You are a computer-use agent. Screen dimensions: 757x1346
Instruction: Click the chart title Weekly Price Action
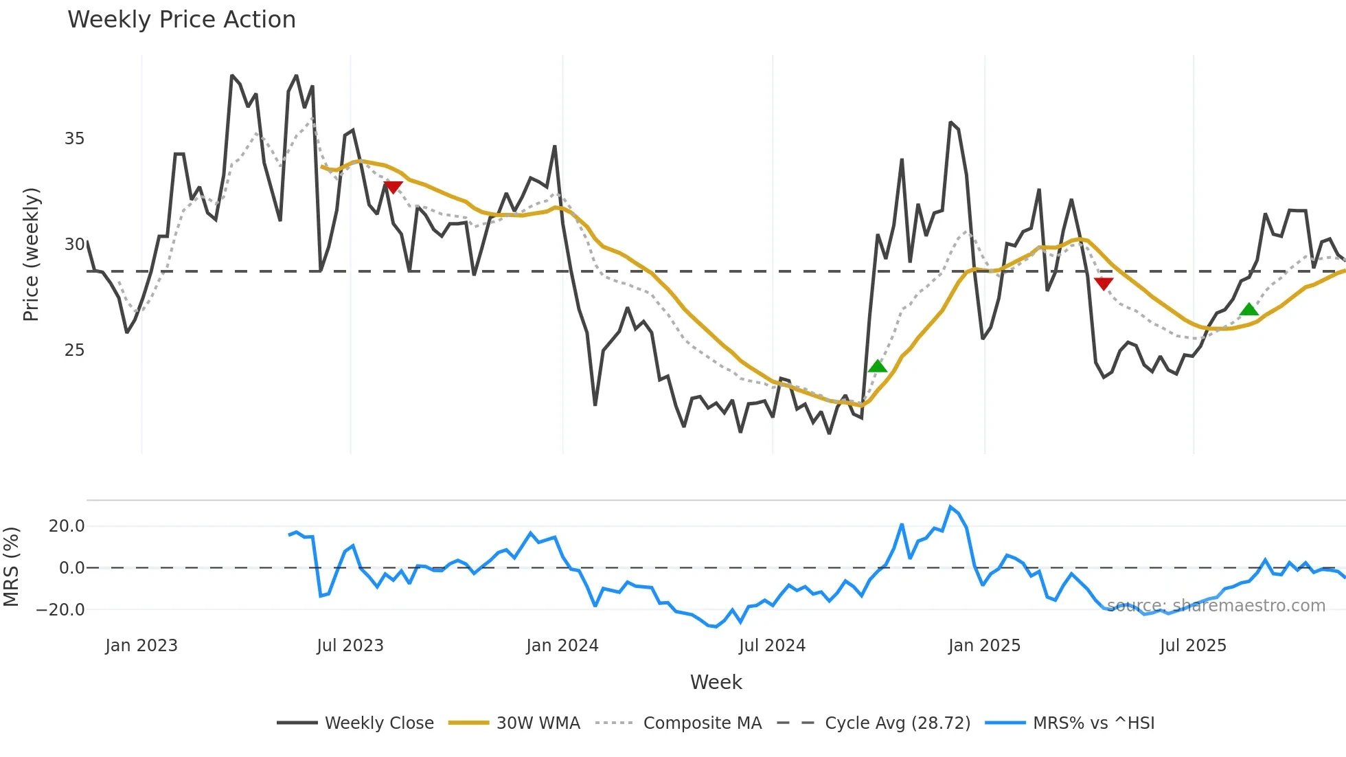181,20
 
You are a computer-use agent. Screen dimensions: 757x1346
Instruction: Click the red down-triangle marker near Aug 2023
393,187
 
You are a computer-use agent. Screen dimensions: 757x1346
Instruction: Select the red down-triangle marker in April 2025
1104,283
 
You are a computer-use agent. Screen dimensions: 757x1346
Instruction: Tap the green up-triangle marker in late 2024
878,366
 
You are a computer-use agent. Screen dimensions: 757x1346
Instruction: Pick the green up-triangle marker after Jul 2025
1249,310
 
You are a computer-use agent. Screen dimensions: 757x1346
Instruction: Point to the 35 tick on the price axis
74,139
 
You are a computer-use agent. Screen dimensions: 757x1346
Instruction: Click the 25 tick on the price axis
74,350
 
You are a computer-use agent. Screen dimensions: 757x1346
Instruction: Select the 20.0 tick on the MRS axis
67,526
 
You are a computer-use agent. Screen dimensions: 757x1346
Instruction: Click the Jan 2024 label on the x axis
562,646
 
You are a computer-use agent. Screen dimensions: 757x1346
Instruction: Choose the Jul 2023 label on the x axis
350,646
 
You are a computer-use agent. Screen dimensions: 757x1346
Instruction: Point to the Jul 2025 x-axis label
1193,646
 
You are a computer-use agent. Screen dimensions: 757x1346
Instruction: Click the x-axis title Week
716,682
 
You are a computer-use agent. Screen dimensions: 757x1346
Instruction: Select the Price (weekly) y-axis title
31,254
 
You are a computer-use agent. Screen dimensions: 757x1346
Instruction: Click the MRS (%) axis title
11,567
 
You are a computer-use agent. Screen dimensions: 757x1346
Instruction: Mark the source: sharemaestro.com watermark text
1216,606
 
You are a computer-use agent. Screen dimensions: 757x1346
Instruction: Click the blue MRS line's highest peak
950,507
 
